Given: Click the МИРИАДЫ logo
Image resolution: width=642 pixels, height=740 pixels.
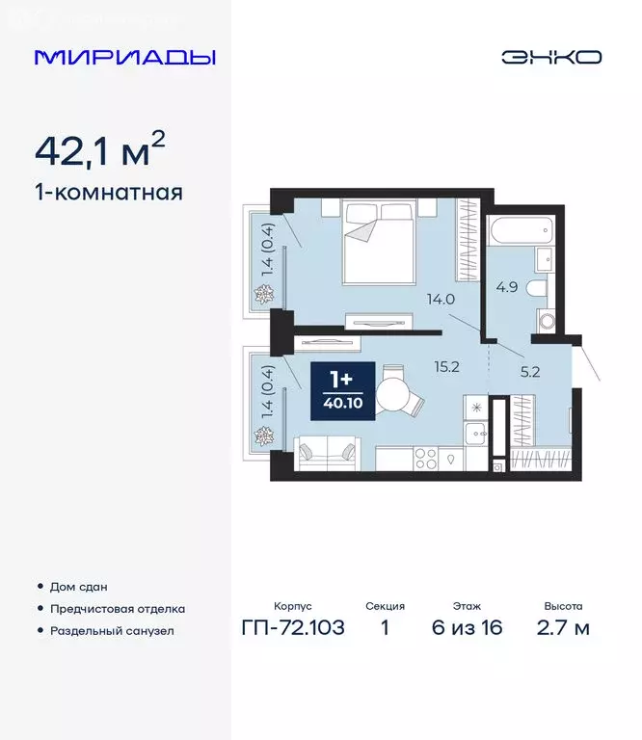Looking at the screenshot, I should tap(124, 57).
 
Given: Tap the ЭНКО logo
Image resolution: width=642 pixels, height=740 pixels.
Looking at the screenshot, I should tap(550, 57).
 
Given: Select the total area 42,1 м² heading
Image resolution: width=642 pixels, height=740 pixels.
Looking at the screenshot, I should tap(99, 149).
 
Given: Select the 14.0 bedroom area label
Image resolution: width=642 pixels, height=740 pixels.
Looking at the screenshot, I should tap(441, 300).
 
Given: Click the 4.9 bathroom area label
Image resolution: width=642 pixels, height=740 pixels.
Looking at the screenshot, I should tap(508, 285).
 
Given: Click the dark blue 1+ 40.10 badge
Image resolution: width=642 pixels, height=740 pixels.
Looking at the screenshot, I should tap(337, 389).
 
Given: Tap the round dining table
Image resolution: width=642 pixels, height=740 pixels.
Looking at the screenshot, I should tap(394, 394).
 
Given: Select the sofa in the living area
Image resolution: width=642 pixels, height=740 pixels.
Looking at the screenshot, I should tap(326, 453).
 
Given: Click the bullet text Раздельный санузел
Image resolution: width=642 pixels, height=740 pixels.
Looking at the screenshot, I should tap(112, 631).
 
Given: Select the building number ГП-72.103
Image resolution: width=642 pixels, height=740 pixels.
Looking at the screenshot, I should tap(292, 629).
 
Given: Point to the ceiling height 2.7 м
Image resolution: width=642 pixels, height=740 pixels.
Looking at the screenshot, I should tap(563, 629).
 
